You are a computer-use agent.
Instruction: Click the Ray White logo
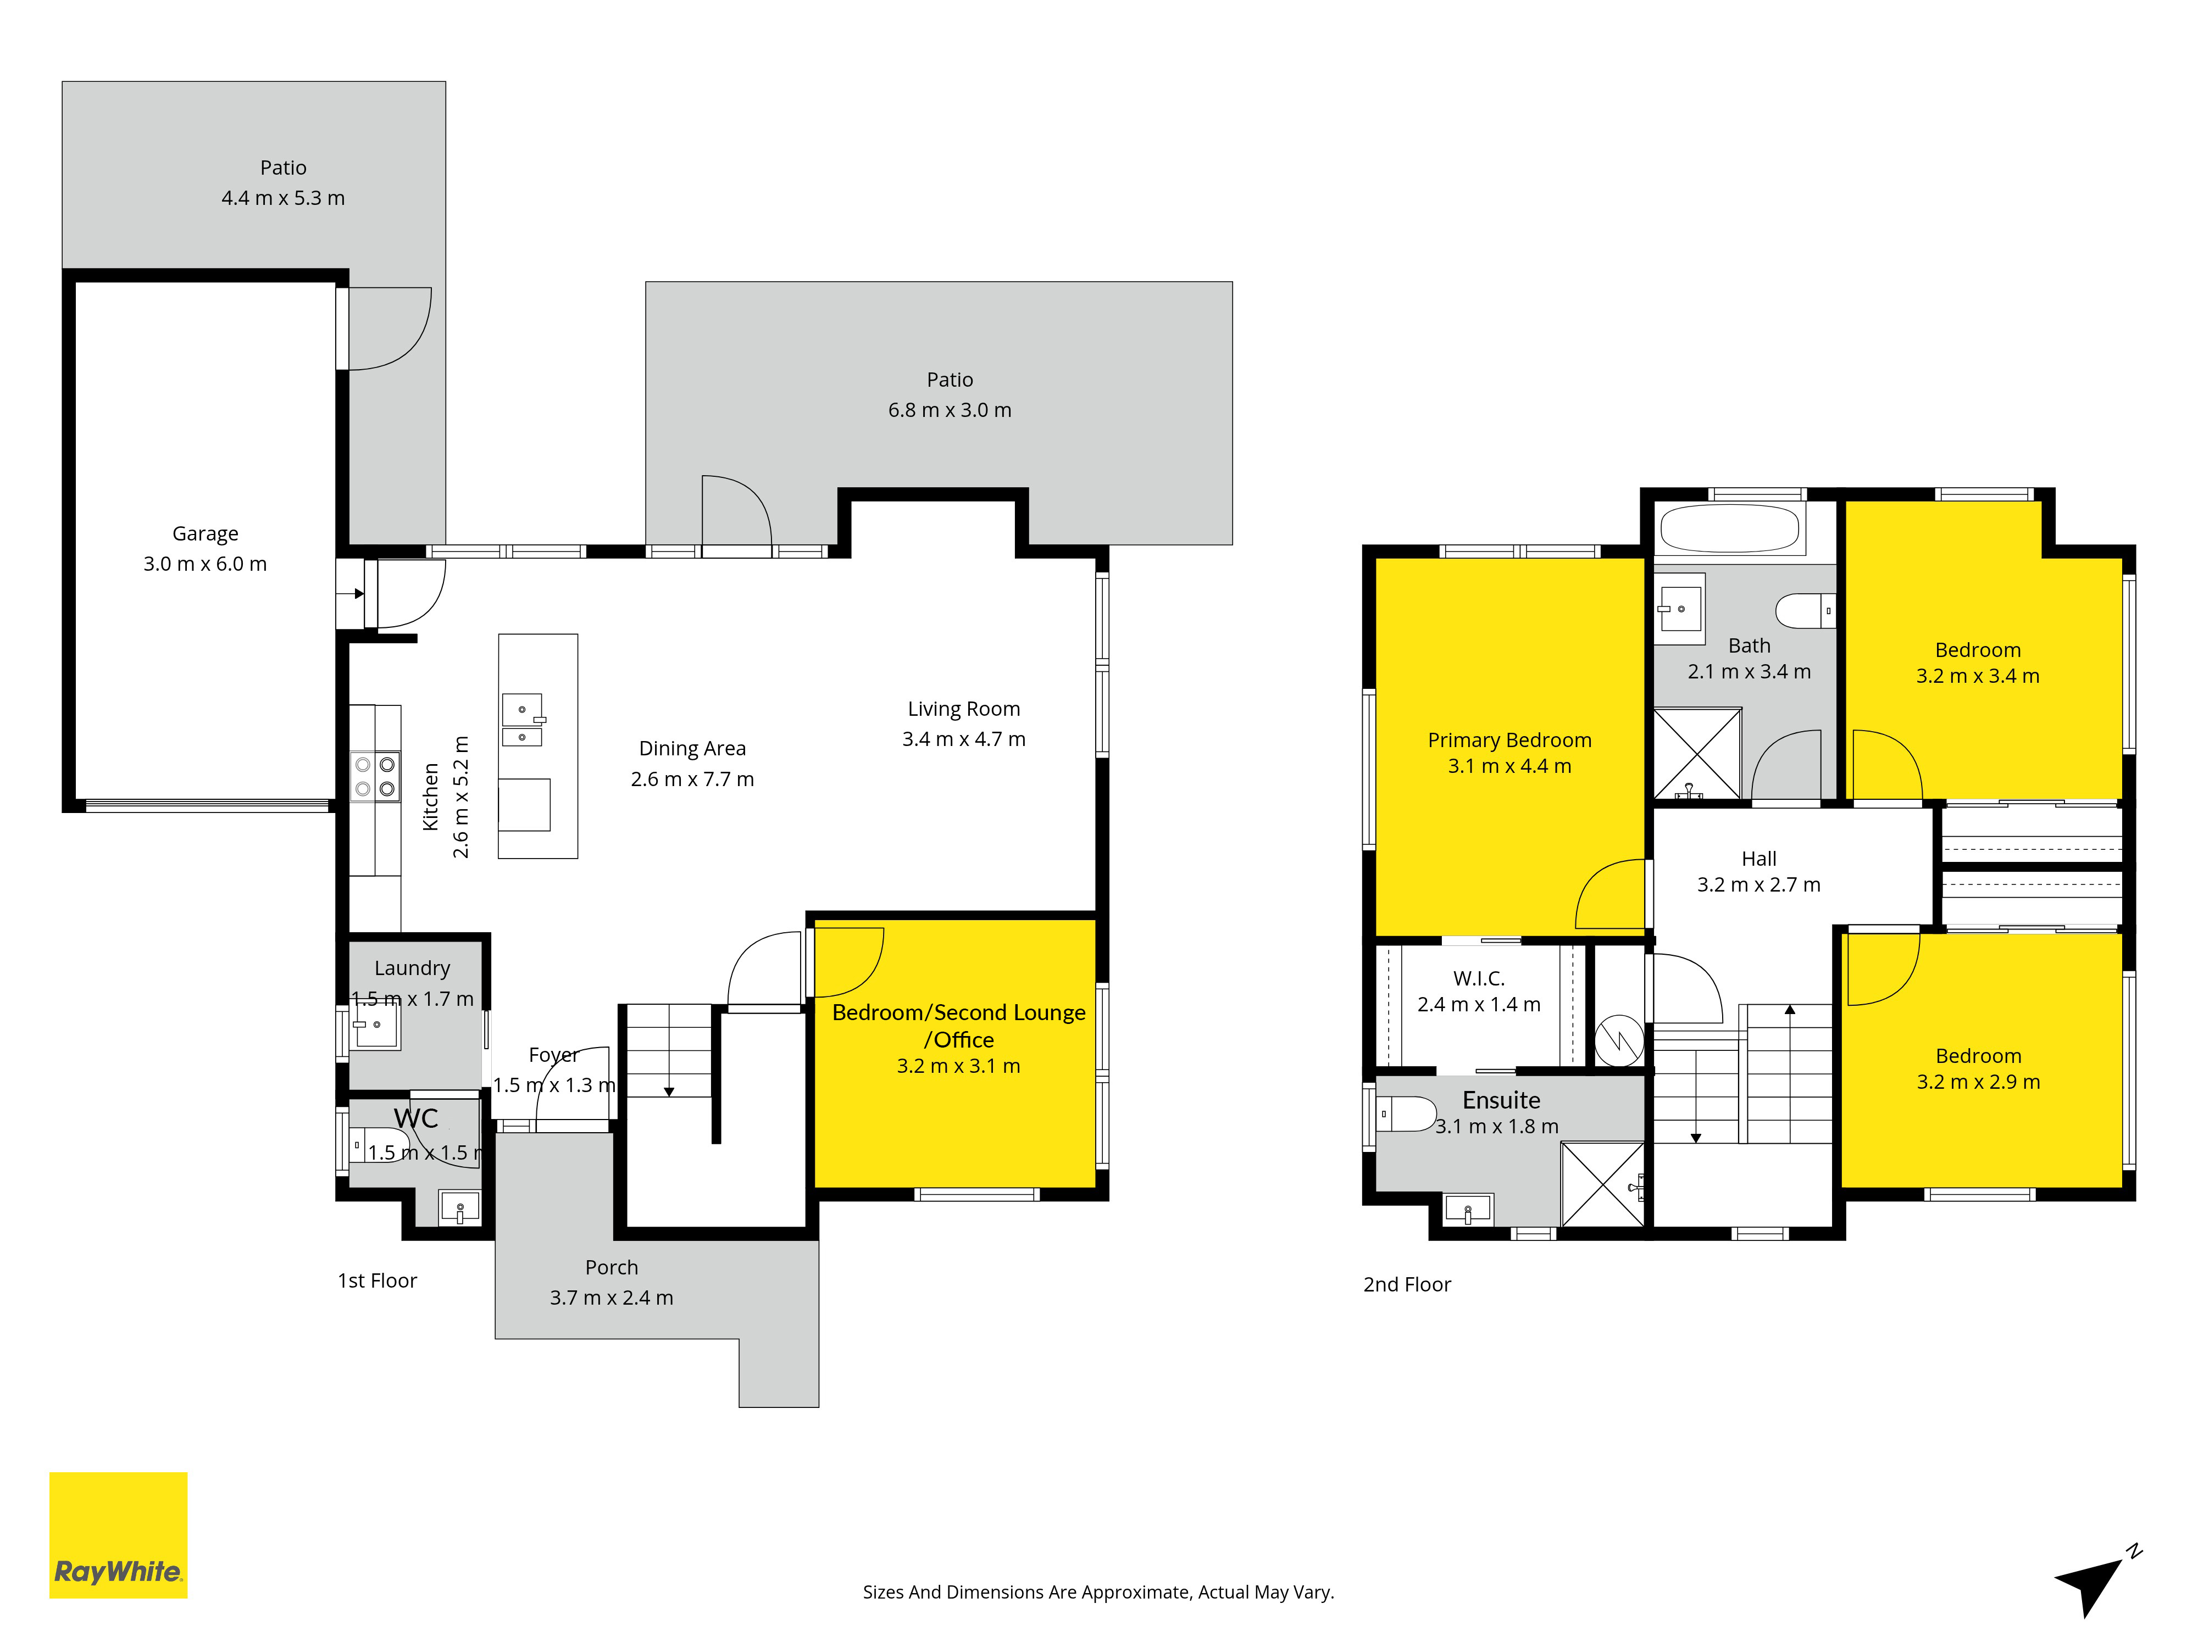[x=118, y=1535]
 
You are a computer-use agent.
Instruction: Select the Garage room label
[x=206, y=533]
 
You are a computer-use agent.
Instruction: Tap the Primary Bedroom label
[x=1509, y=740]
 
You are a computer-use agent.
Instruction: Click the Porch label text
[x=611, y=1267]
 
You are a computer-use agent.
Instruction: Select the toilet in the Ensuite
[x=1405, y=1113]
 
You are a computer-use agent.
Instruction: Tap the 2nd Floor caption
[x=1407, y=1284]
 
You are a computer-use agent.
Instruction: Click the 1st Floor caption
[x=378, y=1280]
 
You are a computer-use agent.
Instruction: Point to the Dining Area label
[x=692, y=749]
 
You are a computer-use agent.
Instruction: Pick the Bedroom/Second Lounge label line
[x=959, y=1012]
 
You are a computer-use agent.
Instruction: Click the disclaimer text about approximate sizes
[x=1098, y=1593]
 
